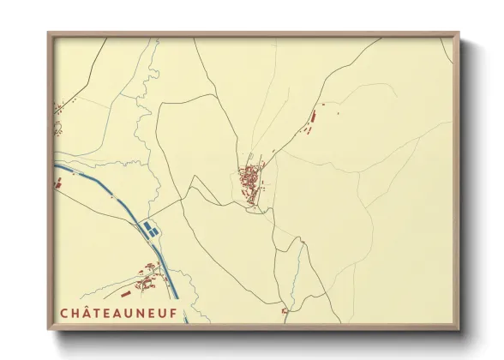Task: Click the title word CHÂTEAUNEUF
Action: (119, 314)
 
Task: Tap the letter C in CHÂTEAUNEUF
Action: (65, 314)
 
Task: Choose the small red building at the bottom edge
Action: (285, 311)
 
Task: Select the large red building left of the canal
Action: (58, 182)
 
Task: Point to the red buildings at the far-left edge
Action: (58, 108)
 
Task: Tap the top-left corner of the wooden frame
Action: (50, 35)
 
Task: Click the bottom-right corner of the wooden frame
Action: (457, 328)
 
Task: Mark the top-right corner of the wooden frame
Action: (457, 35)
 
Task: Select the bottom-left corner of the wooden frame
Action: (50, 328)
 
